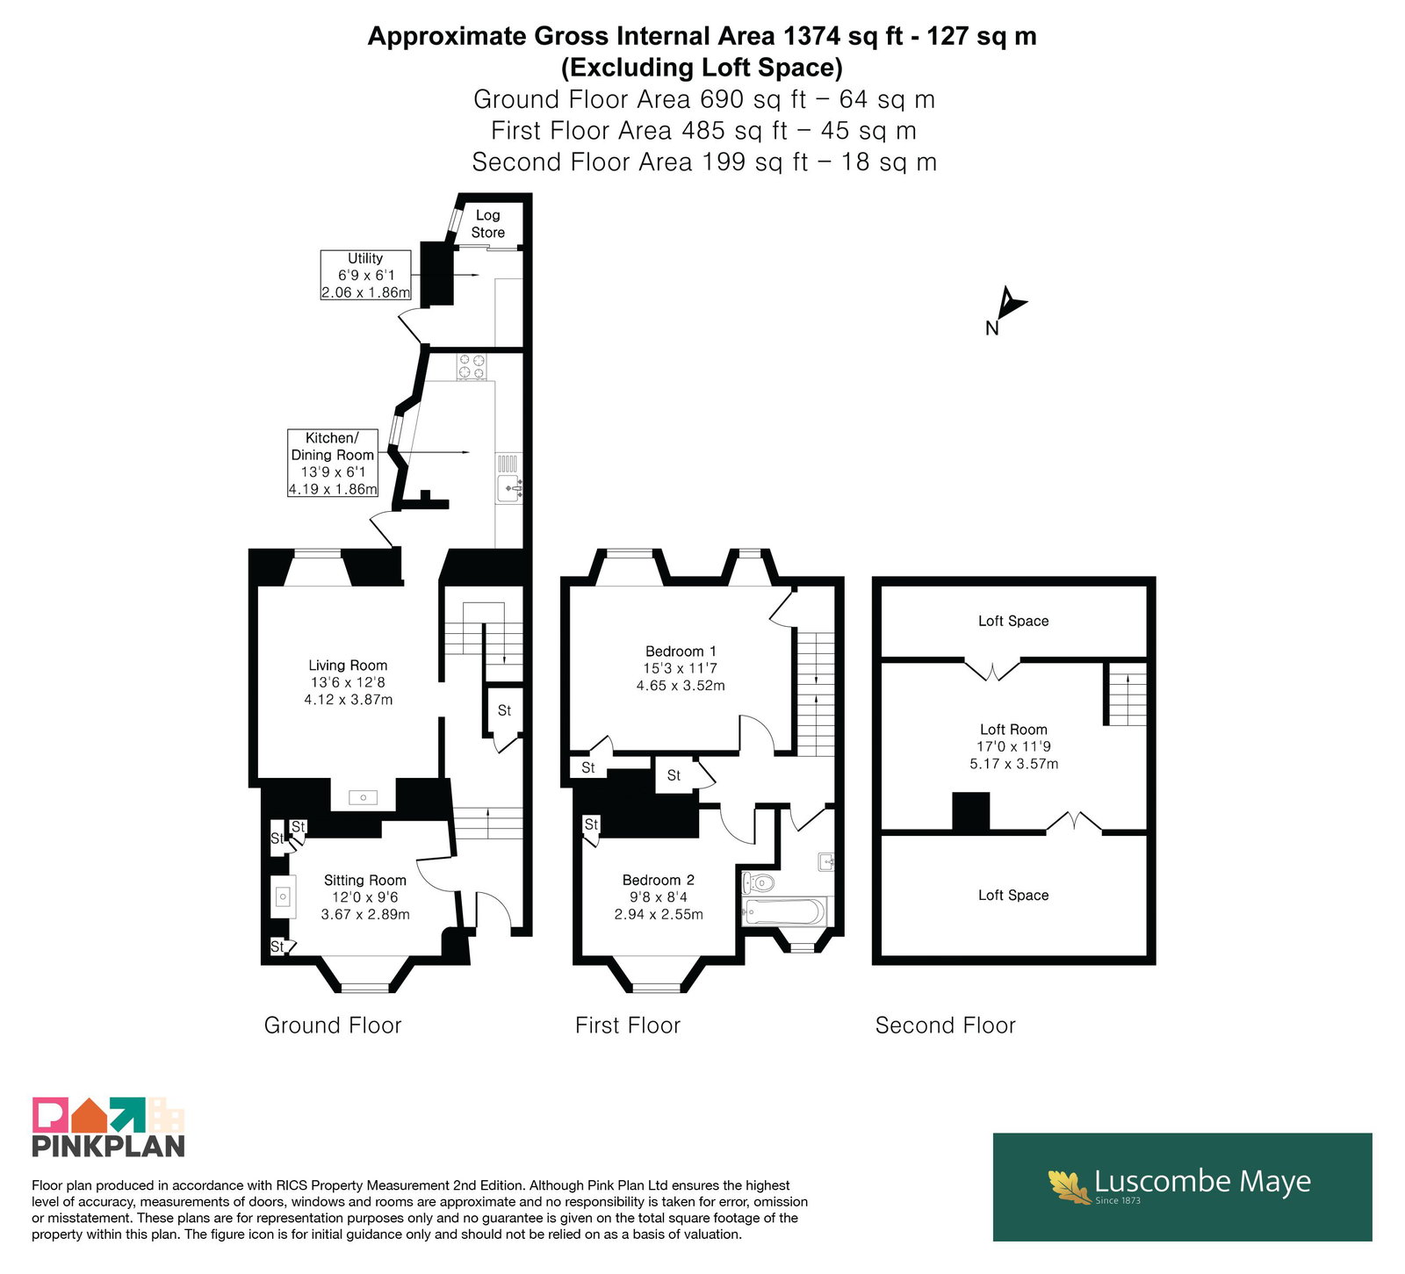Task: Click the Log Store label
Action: pos(487,224)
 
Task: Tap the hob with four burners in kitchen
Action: pos(472,366)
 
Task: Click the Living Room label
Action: pos(348,666)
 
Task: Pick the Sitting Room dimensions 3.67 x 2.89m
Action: pos(365,914)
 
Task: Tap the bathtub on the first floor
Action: pos(784,911)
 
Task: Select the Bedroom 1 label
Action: pos(681,651)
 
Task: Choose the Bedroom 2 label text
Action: pos(659,880)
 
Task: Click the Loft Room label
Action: pos(1013,730)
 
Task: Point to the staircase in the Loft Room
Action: pos(1126,694)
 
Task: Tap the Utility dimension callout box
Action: pos(365,275)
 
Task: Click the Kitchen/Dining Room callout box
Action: pos(333,463)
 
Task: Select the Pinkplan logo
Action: pos(108,1126)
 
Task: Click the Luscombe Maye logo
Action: pos(1182,1186)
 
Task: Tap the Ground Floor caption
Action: pos(333,1026)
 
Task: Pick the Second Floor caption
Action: pos(945,1026)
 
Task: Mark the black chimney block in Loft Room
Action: pos(971,811)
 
